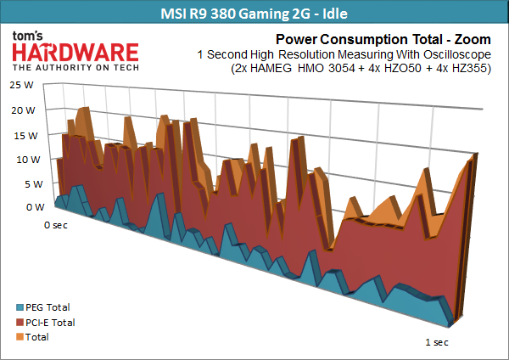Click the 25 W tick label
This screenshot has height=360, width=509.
tap(21, 85)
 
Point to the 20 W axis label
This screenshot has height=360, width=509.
tap(23, 110)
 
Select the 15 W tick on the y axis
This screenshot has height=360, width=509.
tap(25, 136)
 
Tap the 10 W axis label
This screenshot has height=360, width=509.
tap(28, 160)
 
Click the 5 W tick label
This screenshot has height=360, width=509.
tap(34, 184)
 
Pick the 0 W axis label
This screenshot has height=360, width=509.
tap(36, 207)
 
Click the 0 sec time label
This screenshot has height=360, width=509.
tap(56, 225)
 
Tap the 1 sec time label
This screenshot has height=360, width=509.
tap(437, 342)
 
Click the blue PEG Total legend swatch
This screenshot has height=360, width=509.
tap(20, 307)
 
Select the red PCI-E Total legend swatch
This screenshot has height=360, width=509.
tap(20, 323)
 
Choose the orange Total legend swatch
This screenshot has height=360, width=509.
tap(20, 337)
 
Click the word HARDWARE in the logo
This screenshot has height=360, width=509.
tap(76, 53)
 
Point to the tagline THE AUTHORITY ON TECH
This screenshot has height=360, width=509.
tap(76, 68)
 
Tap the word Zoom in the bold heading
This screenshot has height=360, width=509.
tap(473, 39)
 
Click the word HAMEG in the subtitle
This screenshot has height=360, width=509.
tap(271, 69)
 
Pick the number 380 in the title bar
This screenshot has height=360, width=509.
tap(223, 14)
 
